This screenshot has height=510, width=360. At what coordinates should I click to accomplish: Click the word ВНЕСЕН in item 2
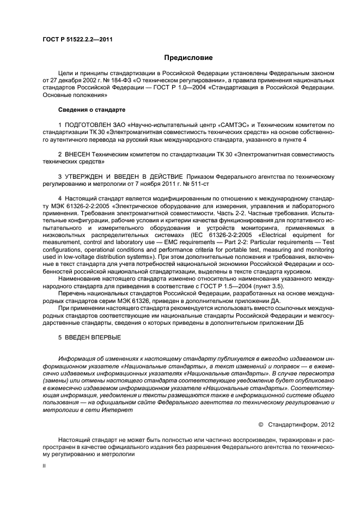tap(82, 154)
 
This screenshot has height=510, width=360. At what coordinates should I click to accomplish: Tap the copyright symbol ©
tap(261, 423)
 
